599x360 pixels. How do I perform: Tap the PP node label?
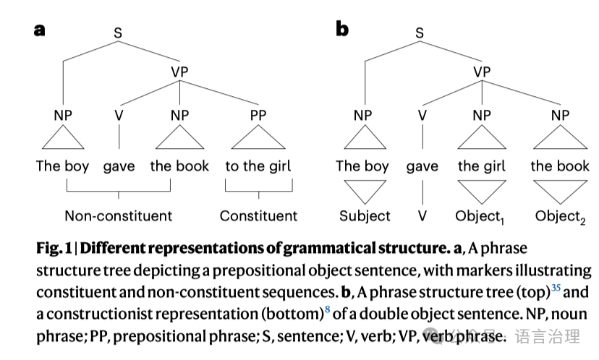(x=258, y=116)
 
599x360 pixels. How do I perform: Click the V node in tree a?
(x=119, y=116)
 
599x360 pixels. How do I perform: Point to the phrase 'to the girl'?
(x=258, y=166)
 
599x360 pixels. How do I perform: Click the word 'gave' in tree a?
(x=119, y=166)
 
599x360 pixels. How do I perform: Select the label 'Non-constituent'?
(x=119, y=215)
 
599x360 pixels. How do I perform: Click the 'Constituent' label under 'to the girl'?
(x=258, y=215)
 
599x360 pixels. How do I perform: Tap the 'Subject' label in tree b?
(x=365, y=215)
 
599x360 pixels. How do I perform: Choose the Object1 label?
(x=479, y=216)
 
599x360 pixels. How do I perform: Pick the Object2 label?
(x=559, y=216)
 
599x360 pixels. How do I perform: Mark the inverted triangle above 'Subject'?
(x=365, y=191)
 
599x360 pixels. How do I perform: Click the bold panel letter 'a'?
(x=40, y=30)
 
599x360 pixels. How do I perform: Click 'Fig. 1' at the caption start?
(x=55, y=249)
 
